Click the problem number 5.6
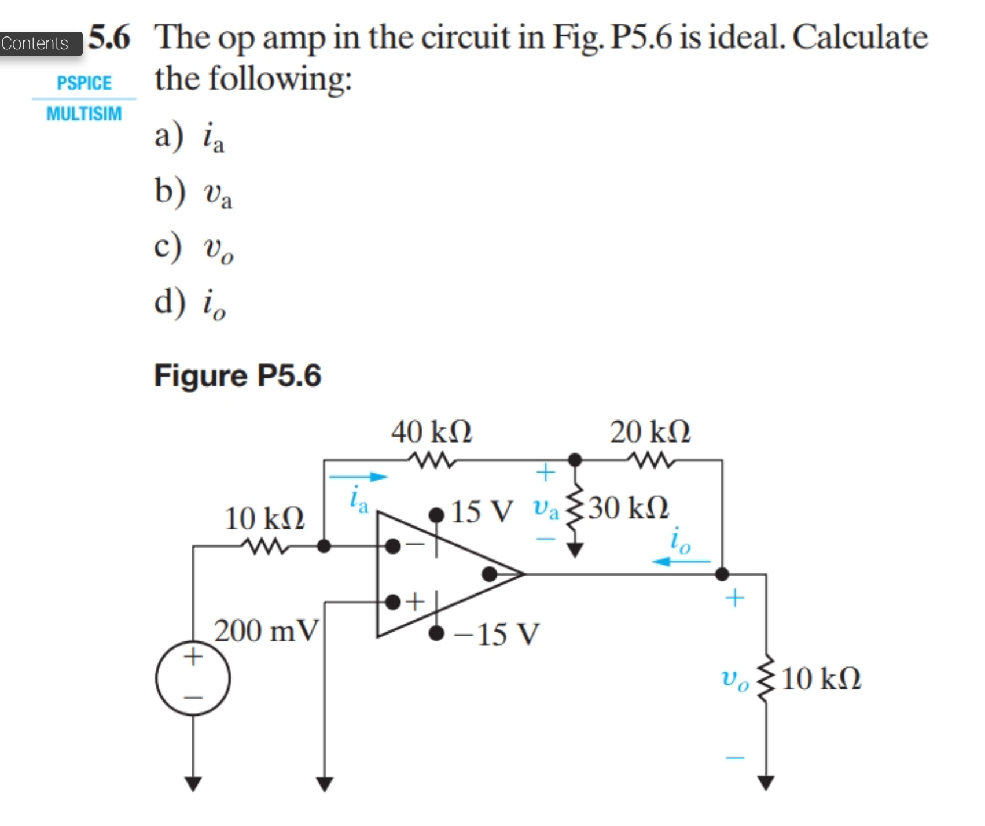[110, 38]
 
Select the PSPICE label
[84, 83]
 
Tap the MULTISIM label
[84, 113]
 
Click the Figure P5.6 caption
[237, 375]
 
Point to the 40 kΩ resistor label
[431, 432]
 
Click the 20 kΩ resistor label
[650, 432]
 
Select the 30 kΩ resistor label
[629, 508]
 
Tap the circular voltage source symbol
[193, 678]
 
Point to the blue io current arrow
[681, 561]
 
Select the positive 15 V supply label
[482, 511]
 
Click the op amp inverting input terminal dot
[393, 545]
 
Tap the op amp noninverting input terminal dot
[393, 602]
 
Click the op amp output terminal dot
[490, 574]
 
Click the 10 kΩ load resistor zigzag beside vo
[766, 678]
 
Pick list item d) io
[191, 303]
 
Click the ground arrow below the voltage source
[193, 783]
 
